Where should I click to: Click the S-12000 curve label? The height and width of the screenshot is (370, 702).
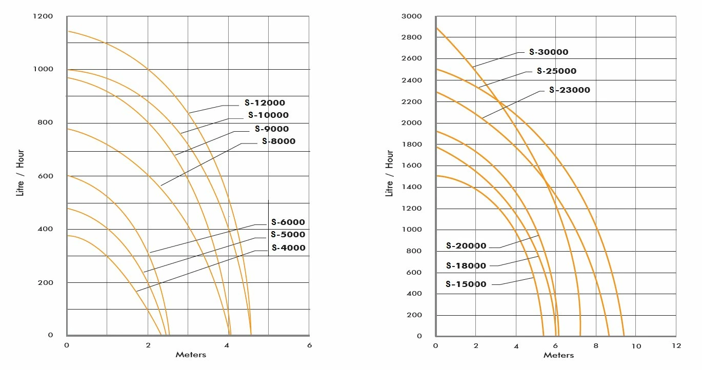coord(265,103)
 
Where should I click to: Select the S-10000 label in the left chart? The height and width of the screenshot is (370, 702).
coord(268,115)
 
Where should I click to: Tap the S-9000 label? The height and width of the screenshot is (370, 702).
coord(272,129)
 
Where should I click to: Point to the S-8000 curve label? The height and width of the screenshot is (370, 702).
coord(278,141)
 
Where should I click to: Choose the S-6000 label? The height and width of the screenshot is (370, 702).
coord(288,222)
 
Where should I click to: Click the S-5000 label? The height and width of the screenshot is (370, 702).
coord(288,235)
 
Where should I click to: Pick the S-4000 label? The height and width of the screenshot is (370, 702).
coord(288,248)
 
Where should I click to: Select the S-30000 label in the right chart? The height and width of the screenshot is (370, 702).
coord(549,52)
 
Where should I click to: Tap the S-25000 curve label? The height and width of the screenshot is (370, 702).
coord(556,71)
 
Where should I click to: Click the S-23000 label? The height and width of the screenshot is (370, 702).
coord(569,90)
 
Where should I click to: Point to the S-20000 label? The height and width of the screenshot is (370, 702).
coord(466,246)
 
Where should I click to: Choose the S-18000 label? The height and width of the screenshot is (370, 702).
coord(466,266)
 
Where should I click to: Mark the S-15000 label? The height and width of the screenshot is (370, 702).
coord(466,284)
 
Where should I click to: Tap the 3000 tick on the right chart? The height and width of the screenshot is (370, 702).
coord(412,16)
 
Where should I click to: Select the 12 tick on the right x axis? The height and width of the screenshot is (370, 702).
coord(676,346)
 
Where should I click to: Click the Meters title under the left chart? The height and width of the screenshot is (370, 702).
coord(191,355)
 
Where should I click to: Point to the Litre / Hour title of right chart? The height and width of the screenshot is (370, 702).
coord(390,173)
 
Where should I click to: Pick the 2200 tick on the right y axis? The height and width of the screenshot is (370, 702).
coord(412,101)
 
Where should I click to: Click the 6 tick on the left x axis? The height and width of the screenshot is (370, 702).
coord(309,345)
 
